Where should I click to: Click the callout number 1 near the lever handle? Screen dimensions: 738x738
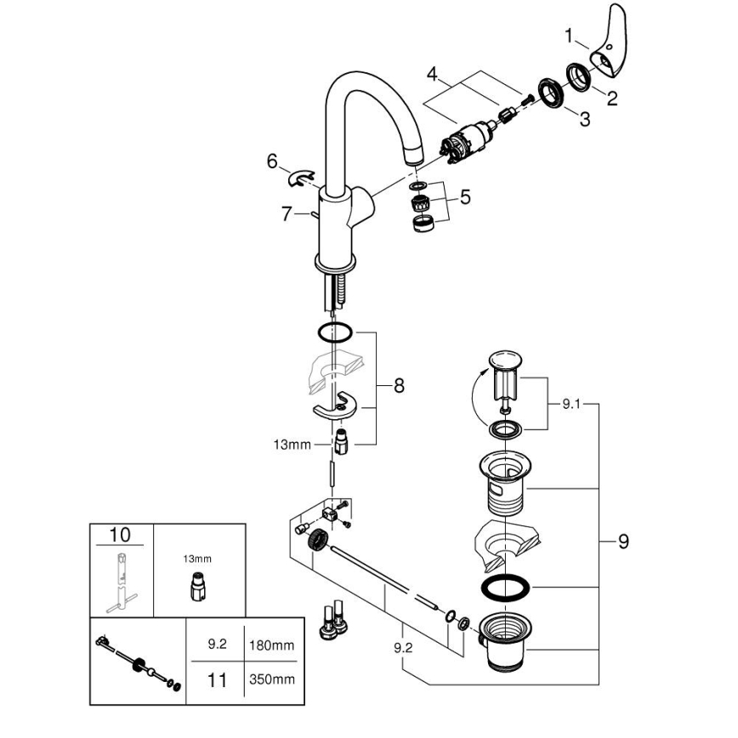click(x=571, y=36)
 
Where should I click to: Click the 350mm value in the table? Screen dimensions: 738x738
click(x=270, y=678)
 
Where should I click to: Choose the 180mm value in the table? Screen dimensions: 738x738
click(x=270, y=645)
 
